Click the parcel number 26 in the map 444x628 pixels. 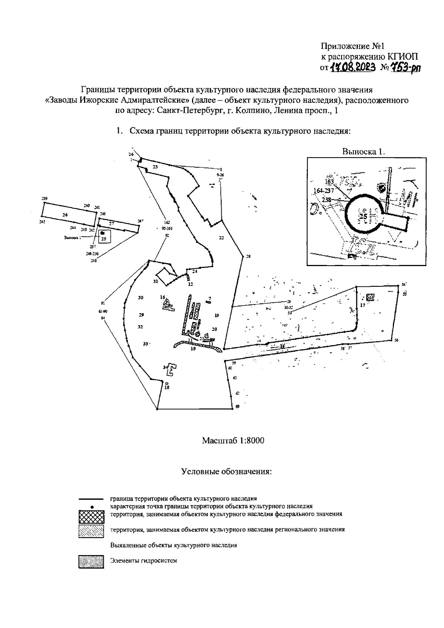pyautogui.click(x=65, y=215)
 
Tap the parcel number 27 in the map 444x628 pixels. pyautogui.click(x=111, y=223)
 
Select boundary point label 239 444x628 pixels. pyautogui.click(x=45, y=199)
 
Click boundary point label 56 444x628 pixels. pyautogui.click(x=396, y=340)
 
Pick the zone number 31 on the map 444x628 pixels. pyautogui.click(x=156, y=282)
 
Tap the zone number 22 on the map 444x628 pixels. pyautogui.click(x=221, y=238)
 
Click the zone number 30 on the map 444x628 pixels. pyautogui.click(x=141, y=298)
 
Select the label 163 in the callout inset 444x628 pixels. pyautogui.click(x=329, y=182)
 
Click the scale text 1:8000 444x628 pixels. pyautogui.click(x=251, y=441)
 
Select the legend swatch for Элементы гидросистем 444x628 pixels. pyautogui.click(x=91, y=562)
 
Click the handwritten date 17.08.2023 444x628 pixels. pyautogui.click(x=353, y=67)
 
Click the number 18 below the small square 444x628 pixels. pyautogui.click(x=166, y=387)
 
